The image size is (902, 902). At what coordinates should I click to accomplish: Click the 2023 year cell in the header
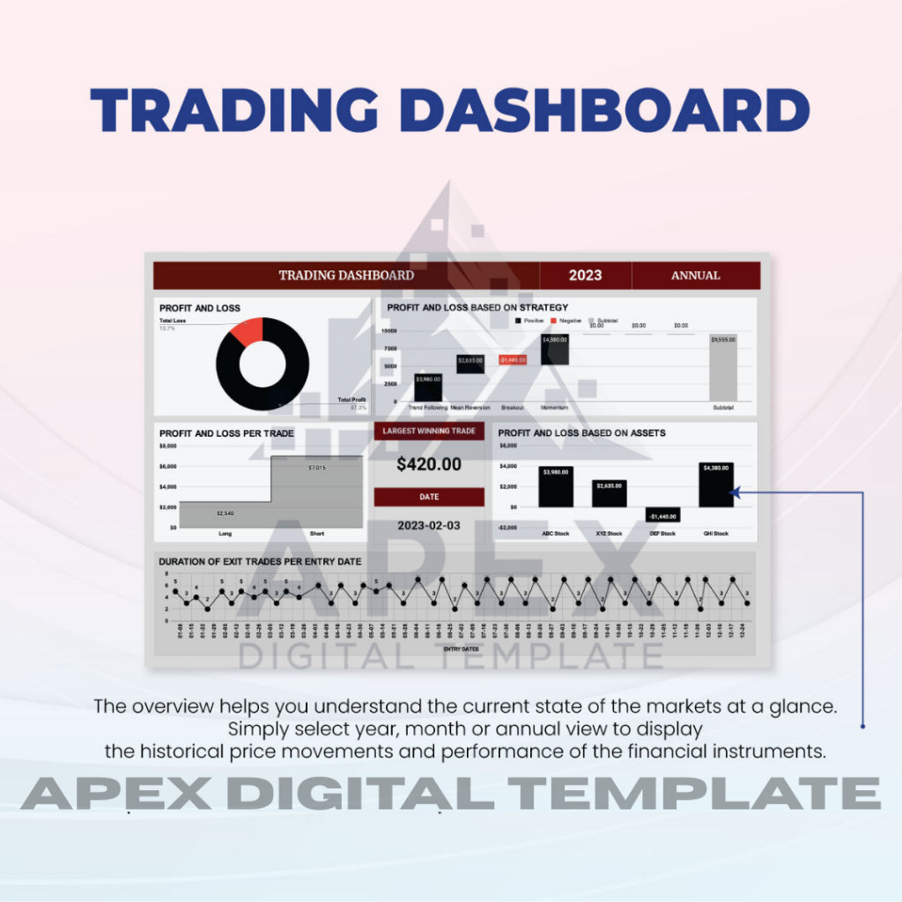(585, 275)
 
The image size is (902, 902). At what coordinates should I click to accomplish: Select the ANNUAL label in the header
(695, 276)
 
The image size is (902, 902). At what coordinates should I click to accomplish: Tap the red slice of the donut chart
(249, 332)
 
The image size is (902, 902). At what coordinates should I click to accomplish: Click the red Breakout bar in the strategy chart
(513, 359)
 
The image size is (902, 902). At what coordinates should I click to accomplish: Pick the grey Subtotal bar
(723, 368)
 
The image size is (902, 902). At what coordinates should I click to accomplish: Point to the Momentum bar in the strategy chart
(554, 350)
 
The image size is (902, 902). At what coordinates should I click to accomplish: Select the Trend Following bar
(427, 387)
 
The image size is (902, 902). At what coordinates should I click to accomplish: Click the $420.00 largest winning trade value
(428, 464)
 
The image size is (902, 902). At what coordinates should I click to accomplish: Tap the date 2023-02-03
(428, 524)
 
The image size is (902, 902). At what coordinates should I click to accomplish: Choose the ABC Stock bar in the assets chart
(556, 487)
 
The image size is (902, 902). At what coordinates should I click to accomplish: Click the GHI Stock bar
(715, 484)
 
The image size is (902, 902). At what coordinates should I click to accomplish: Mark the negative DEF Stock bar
(662, 514)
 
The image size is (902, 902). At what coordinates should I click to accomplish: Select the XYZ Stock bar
(609, 493)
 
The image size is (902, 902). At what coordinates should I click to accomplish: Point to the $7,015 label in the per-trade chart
(317, 467)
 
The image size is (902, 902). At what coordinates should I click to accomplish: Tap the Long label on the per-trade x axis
(225, 534)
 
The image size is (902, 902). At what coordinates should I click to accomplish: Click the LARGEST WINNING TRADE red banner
(429, 432)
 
